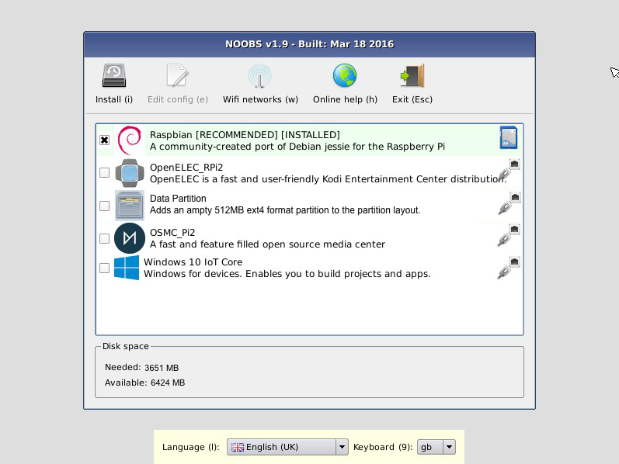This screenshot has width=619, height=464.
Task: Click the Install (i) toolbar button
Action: (x=114, y=84)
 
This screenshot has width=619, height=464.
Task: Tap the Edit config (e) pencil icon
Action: (x=177, y=75)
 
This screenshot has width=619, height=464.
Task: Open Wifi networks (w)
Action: (x=260, y=84)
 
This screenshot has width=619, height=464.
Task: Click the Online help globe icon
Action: (x=345, y=75)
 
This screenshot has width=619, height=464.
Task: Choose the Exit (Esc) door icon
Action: (x=412, y=75)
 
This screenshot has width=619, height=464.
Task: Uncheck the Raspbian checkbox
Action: (x=105, y=140)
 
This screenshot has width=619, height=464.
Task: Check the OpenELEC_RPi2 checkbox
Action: (x=105, y=172)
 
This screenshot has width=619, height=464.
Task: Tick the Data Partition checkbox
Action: (x=105, y=206)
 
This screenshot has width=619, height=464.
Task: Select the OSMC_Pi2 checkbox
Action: (x=105, y=238)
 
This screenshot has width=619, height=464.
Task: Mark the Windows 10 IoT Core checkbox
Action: (x=105, y=268)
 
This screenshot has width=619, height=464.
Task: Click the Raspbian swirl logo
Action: (x=130, y=140)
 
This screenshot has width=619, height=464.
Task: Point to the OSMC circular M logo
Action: (x=130, y=238)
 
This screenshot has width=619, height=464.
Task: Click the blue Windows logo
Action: (x=127, y=268)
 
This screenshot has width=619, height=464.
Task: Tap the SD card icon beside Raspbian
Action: (x=509, y=137)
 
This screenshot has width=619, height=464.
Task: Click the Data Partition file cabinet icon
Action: (x=130, y=206)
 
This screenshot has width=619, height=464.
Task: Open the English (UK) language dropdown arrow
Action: (x=342, y=447)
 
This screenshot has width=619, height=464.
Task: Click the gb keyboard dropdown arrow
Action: (x=449, y=447)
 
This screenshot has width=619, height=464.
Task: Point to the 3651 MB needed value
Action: (x=162, y=368)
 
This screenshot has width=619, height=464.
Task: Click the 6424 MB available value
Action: (x=168, y=383)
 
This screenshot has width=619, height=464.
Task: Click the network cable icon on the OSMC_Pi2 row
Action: (x=509, y=236)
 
